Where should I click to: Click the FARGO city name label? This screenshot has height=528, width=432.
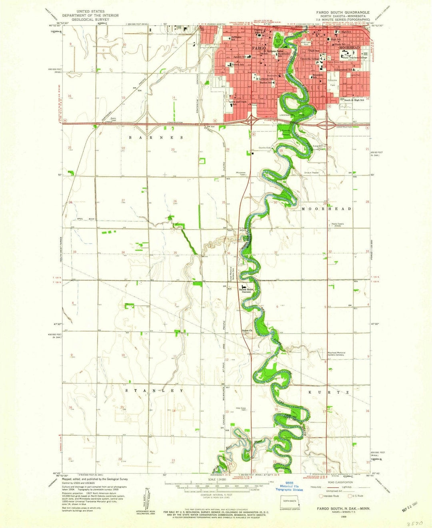(x=258, y=48)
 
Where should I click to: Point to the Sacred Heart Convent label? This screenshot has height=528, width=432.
(x=245, y=290)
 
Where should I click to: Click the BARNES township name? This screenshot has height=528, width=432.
(x=156, y=137)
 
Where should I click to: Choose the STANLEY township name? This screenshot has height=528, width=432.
(x=154, y=391)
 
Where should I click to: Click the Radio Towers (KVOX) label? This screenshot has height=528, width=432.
(x=338, y=225)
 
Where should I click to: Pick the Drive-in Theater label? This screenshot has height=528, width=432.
(x=312, y=173)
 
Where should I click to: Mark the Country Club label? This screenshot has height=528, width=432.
(x=264, y=148)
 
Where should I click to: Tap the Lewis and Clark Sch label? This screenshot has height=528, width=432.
(x=238, y=103)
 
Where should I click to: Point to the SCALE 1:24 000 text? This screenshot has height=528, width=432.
(x=216, y=480)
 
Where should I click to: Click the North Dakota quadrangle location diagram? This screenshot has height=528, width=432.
(x=290, y=500)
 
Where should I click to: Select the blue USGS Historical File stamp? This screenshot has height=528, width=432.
(x=289, y=486)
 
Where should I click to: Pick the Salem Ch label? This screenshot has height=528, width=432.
(x=247, y=331)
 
